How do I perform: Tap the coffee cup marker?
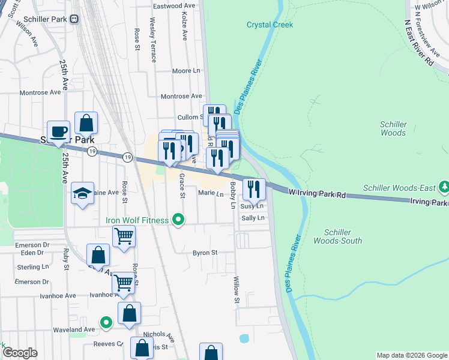coord(58,132)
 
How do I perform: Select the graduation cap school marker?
coord(83,193)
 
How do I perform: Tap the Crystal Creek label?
coord(270,25)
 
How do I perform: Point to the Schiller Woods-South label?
coord(343,236)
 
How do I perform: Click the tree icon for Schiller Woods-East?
coord(444,188)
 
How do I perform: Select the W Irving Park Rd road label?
coord(317,194)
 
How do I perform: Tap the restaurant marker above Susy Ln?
coord(254,189)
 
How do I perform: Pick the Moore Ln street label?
coord(185,71)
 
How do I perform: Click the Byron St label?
coord(205,253)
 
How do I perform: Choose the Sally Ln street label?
coord(253,218)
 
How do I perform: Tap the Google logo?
coord(20,353)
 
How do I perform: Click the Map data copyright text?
coord(412,355)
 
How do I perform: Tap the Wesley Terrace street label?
coord(153,40)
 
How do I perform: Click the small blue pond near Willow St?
coord(244,338)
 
